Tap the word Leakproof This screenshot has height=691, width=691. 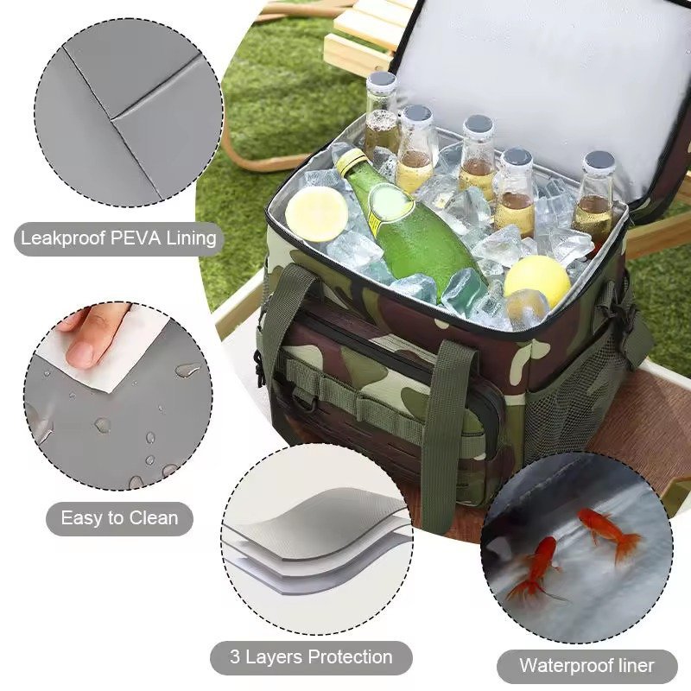(x=62, y=239)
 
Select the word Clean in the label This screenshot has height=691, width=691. (x=154, y=518)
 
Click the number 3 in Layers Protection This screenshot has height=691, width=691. (x=235, y=656)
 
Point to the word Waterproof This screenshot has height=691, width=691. (x=566, y=666)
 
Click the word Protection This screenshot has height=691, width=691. (x=351, y=657)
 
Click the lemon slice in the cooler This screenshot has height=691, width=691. (x=316, y=213)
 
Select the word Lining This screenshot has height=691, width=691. (x=191, y=239)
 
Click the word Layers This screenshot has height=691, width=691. (x=273, y=657)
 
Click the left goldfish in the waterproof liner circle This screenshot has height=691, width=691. (x=536, y=568)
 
